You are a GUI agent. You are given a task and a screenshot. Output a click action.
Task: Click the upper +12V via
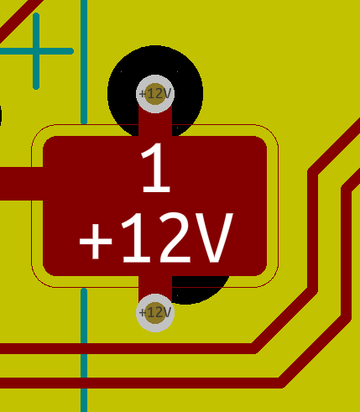(155, 94)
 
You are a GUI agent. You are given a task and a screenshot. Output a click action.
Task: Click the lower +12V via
(155, 313)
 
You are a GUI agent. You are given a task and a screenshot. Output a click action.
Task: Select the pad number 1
(156, 168)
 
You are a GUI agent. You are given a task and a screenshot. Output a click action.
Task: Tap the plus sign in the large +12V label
(96, 242)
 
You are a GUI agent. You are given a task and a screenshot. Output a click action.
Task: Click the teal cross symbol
(36, 51)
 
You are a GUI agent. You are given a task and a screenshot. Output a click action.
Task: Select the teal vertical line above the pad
(84, 62)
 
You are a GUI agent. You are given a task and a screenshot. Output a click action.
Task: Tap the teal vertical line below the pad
(84, 350)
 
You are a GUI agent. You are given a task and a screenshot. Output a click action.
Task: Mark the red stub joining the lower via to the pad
(155, 285)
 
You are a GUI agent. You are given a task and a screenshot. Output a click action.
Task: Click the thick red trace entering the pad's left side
(21, 184)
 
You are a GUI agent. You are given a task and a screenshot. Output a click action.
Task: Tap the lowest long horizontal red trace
(140, 383)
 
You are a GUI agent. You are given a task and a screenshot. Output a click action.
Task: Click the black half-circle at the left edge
(1, 115)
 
